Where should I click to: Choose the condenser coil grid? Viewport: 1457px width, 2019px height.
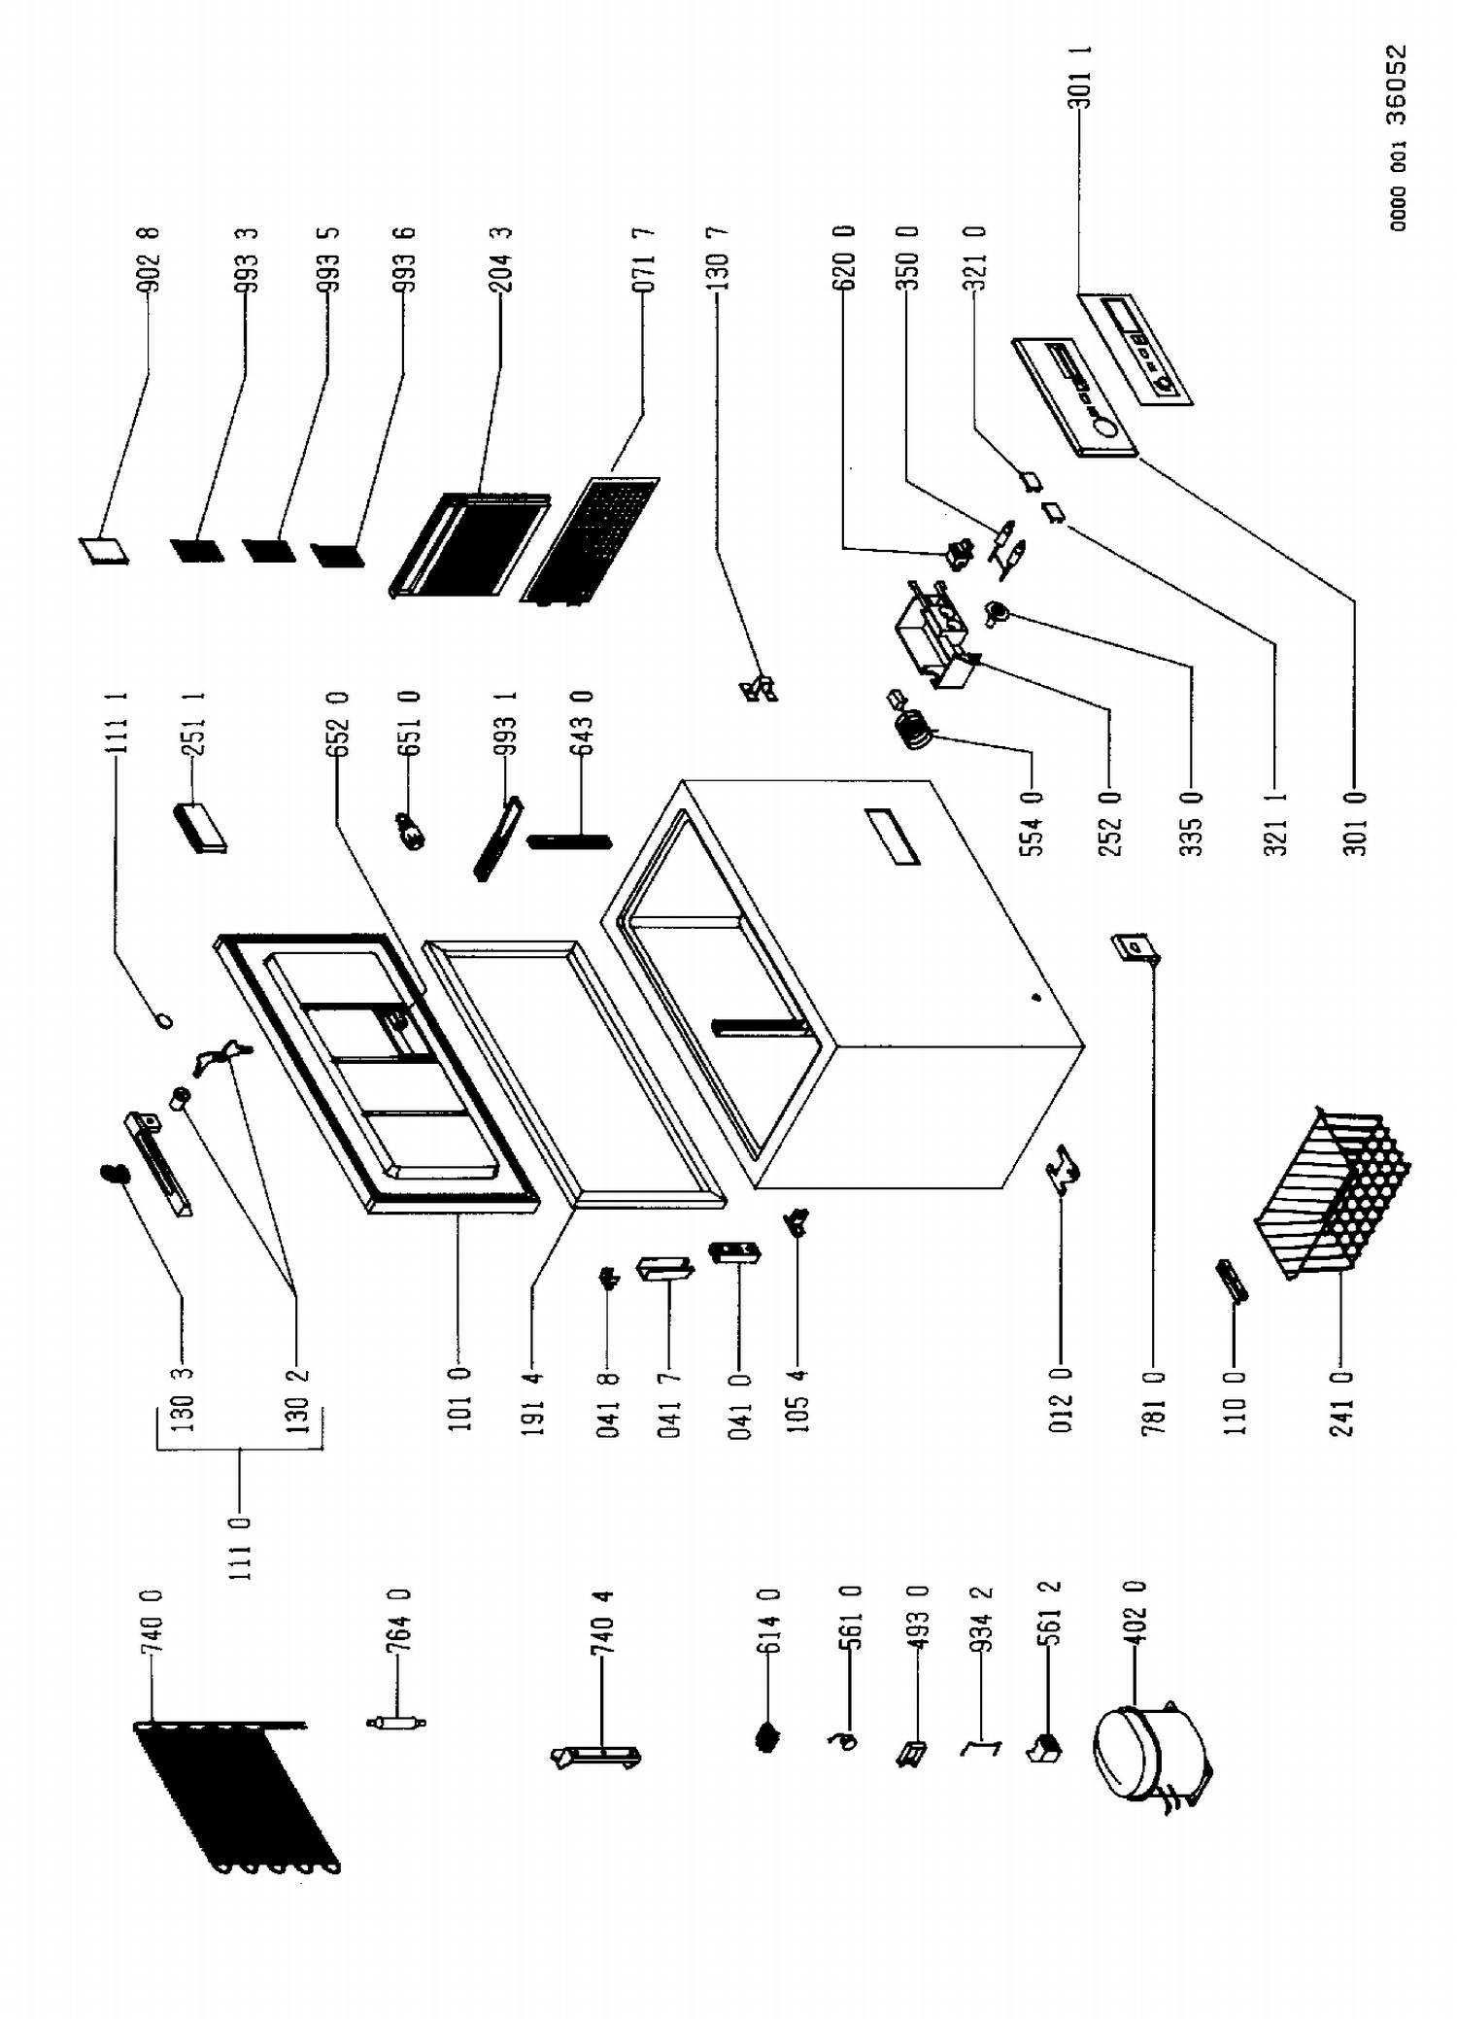(233, 1798)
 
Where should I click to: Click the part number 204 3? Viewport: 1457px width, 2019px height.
(501, 259)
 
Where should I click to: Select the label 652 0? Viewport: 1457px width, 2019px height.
(338, 724)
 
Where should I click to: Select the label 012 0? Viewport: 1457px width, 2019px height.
(1061, 1402)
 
